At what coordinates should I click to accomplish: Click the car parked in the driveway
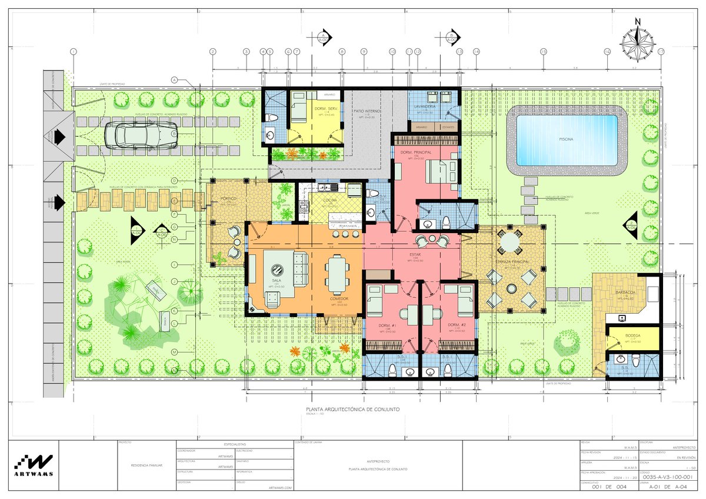tap(141, 134)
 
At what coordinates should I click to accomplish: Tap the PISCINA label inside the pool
tap(567, 140)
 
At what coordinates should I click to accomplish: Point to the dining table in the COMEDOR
tap(337, 274)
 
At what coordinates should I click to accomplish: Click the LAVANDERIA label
tap(425, 107)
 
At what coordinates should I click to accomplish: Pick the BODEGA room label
tap(633, 335)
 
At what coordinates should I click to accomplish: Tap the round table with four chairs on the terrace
tap(510, 242)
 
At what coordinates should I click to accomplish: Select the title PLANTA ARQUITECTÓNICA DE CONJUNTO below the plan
tap(353, 409)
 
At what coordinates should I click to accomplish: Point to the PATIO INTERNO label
tap(368, 111)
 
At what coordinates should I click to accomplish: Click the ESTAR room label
tap(415, 254)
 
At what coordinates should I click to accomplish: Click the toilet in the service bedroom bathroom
tap(271, 118)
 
